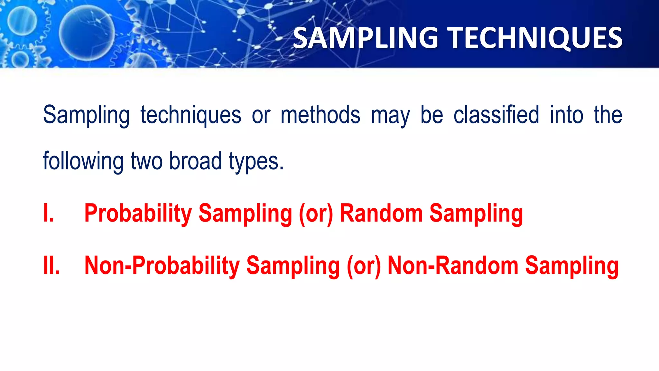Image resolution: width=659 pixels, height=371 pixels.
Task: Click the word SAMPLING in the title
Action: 366,38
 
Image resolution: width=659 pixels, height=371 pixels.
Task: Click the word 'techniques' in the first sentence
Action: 190,115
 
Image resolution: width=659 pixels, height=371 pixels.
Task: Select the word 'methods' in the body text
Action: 320,115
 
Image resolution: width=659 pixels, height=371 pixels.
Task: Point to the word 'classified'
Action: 496,115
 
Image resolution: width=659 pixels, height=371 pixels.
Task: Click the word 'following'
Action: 83,161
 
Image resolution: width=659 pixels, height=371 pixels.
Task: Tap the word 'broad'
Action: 195,161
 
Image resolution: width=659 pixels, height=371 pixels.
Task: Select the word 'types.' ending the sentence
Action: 256,162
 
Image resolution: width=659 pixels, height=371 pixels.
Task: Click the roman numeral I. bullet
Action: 49,213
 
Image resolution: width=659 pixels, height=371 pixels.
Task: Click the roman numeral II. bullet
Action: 51,266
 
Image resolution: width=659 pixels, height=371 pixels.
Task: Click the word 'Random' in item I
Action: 381,213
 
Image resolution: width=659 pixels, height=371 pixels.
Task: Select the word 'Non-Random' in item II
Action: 453,266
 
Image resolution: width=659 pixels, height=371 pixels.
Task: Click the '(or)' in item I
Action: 316,214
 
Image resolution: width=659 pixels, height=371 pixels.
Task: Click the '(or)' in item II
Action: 364,266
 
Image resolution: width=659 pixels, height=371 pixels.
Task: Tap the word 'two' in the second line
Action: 146,161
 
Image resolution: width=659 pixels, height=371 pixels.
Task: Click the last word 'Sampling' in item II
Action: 572,266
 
